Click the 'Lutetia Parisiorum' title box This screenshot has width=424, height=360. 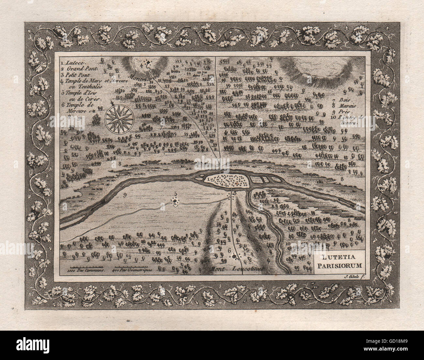tap(338, 261)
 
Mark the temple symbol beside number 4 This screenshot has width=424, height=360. tap(149, 62)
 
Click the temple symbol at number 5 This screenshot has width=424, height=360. tap(175, 202)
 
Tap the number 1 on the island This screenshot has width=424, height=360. tap(207, 179)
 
